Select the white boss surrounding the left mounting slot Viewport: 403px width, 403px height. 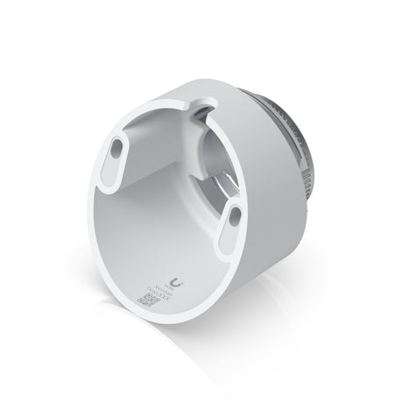(110, 162)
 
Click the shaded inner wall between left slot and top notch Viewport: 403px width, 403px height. (158, 131)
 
